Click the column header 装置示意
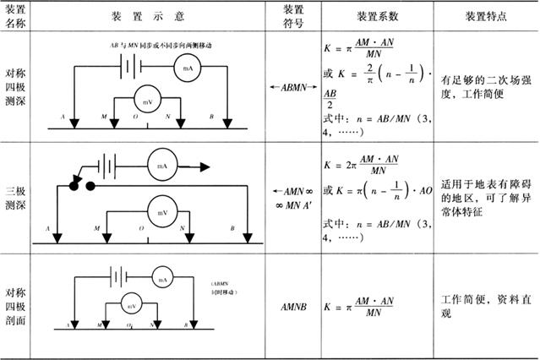coord(158,16)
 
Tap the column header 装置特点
coord(486,16)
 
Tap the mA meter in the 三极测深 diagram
coord(164,166)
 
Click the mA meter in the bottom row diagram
coord(162,278)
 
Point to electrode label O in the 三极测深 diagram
coord(141,228)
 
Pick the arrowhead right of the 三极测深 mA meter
coord(204,166)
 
